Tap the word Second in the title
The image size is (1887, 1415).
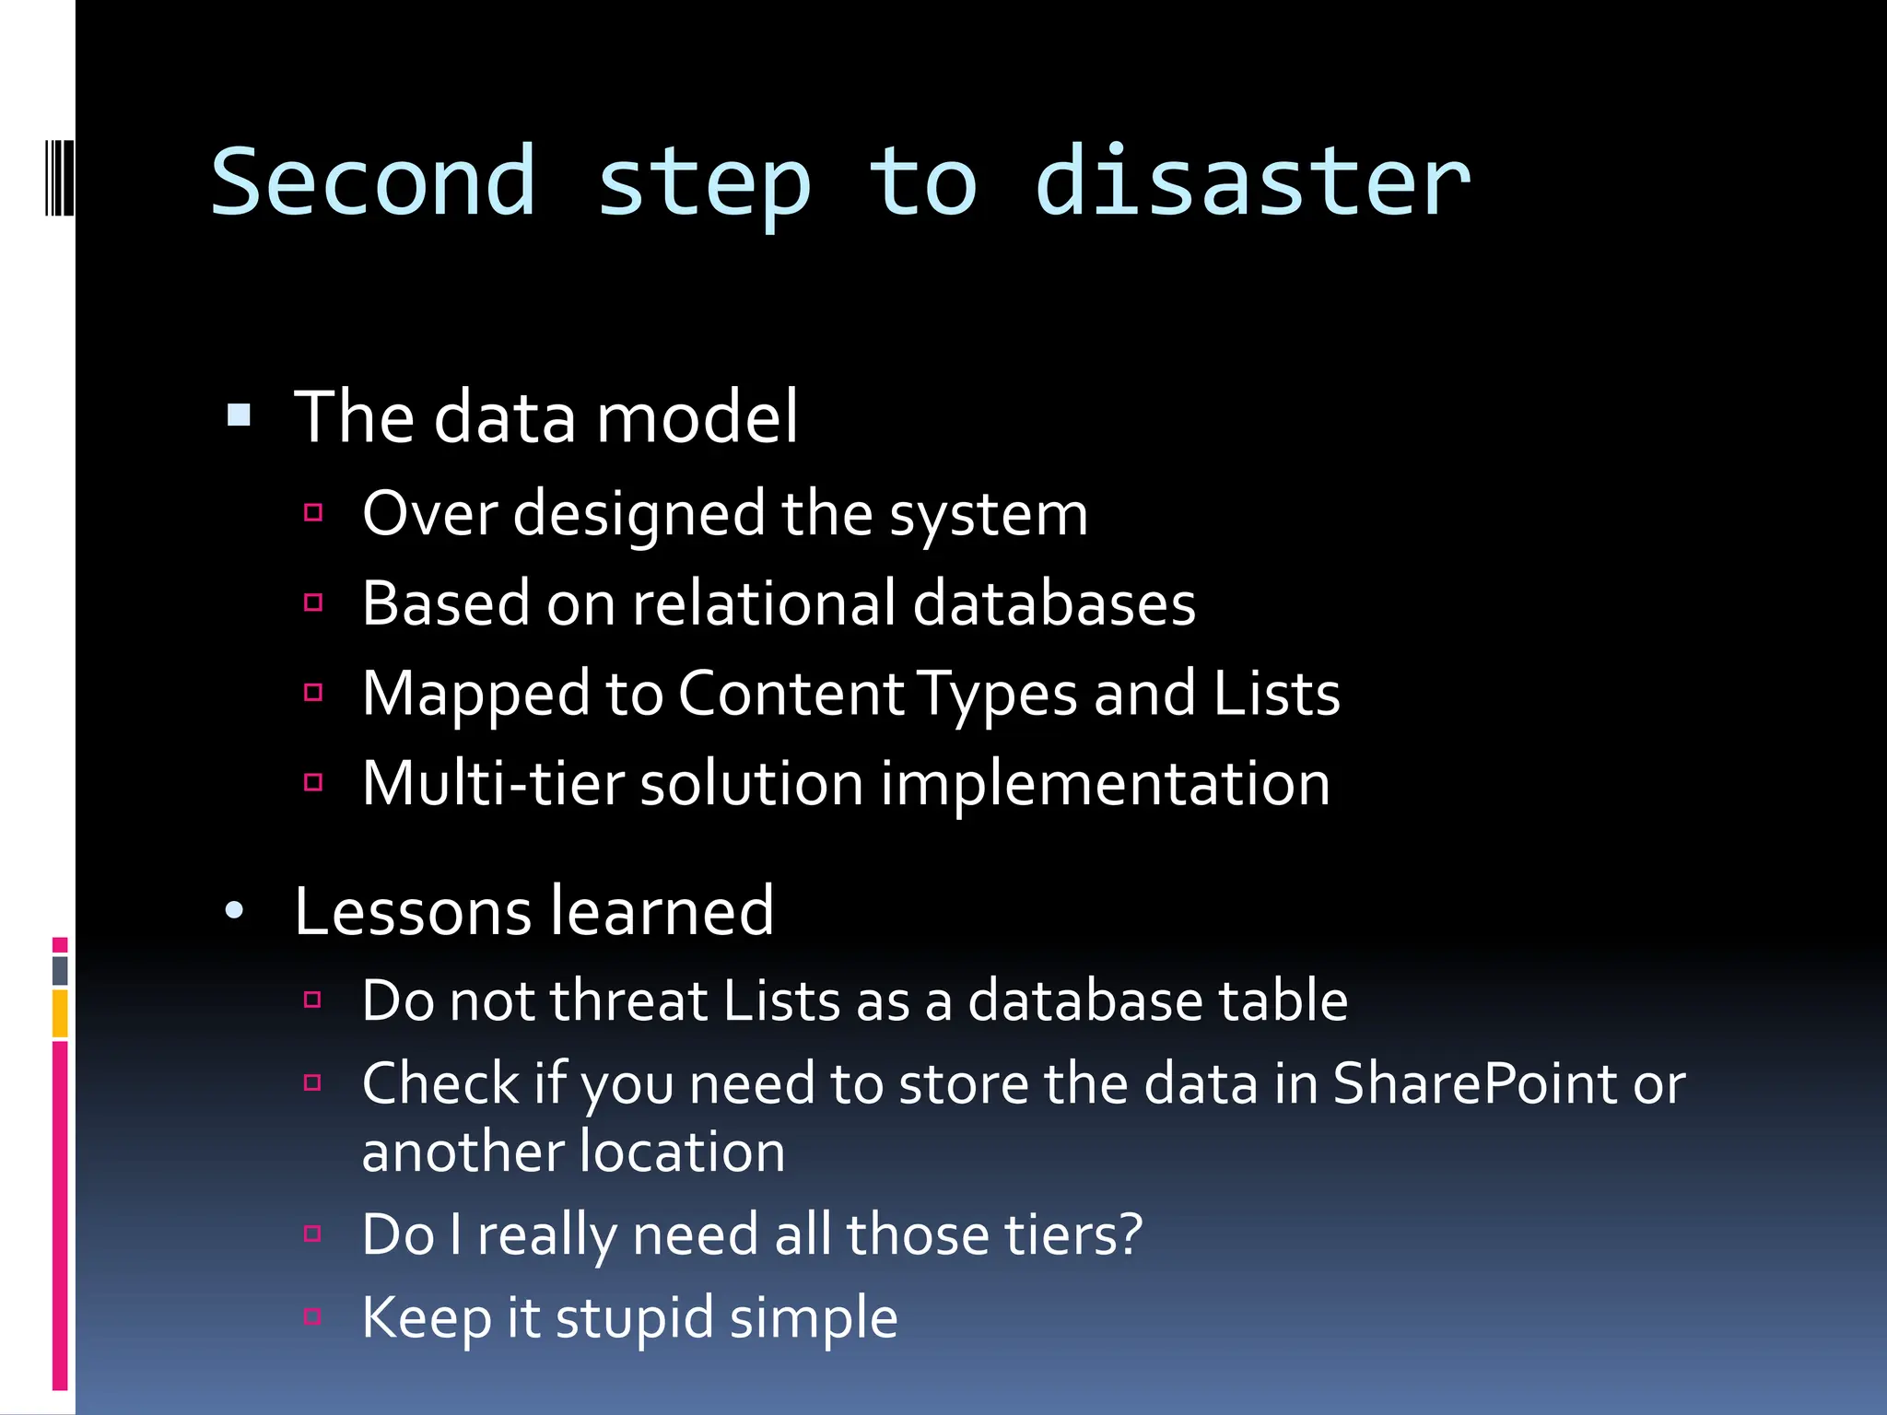(373, 182)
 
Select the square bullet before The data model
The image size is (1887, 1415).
(239, 415)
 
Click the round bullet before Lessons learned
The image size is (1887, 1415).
(235, 911)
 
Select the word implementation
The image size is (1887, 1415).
(1105, 784)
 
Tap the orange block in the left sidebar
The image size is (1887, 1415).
(60, 1013)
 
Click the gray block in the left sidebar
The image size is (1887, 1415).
(60, 970)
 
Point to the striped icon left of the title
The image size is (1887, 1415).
(59, 177)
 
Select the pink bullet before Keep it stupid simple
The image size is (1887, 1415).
(312, 1316)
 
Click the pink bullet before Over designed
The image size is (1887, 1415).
(313, 513)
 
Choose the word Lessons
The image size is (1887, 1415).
(413, 911)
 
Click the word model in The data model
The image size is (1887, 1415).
(697, 417)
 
